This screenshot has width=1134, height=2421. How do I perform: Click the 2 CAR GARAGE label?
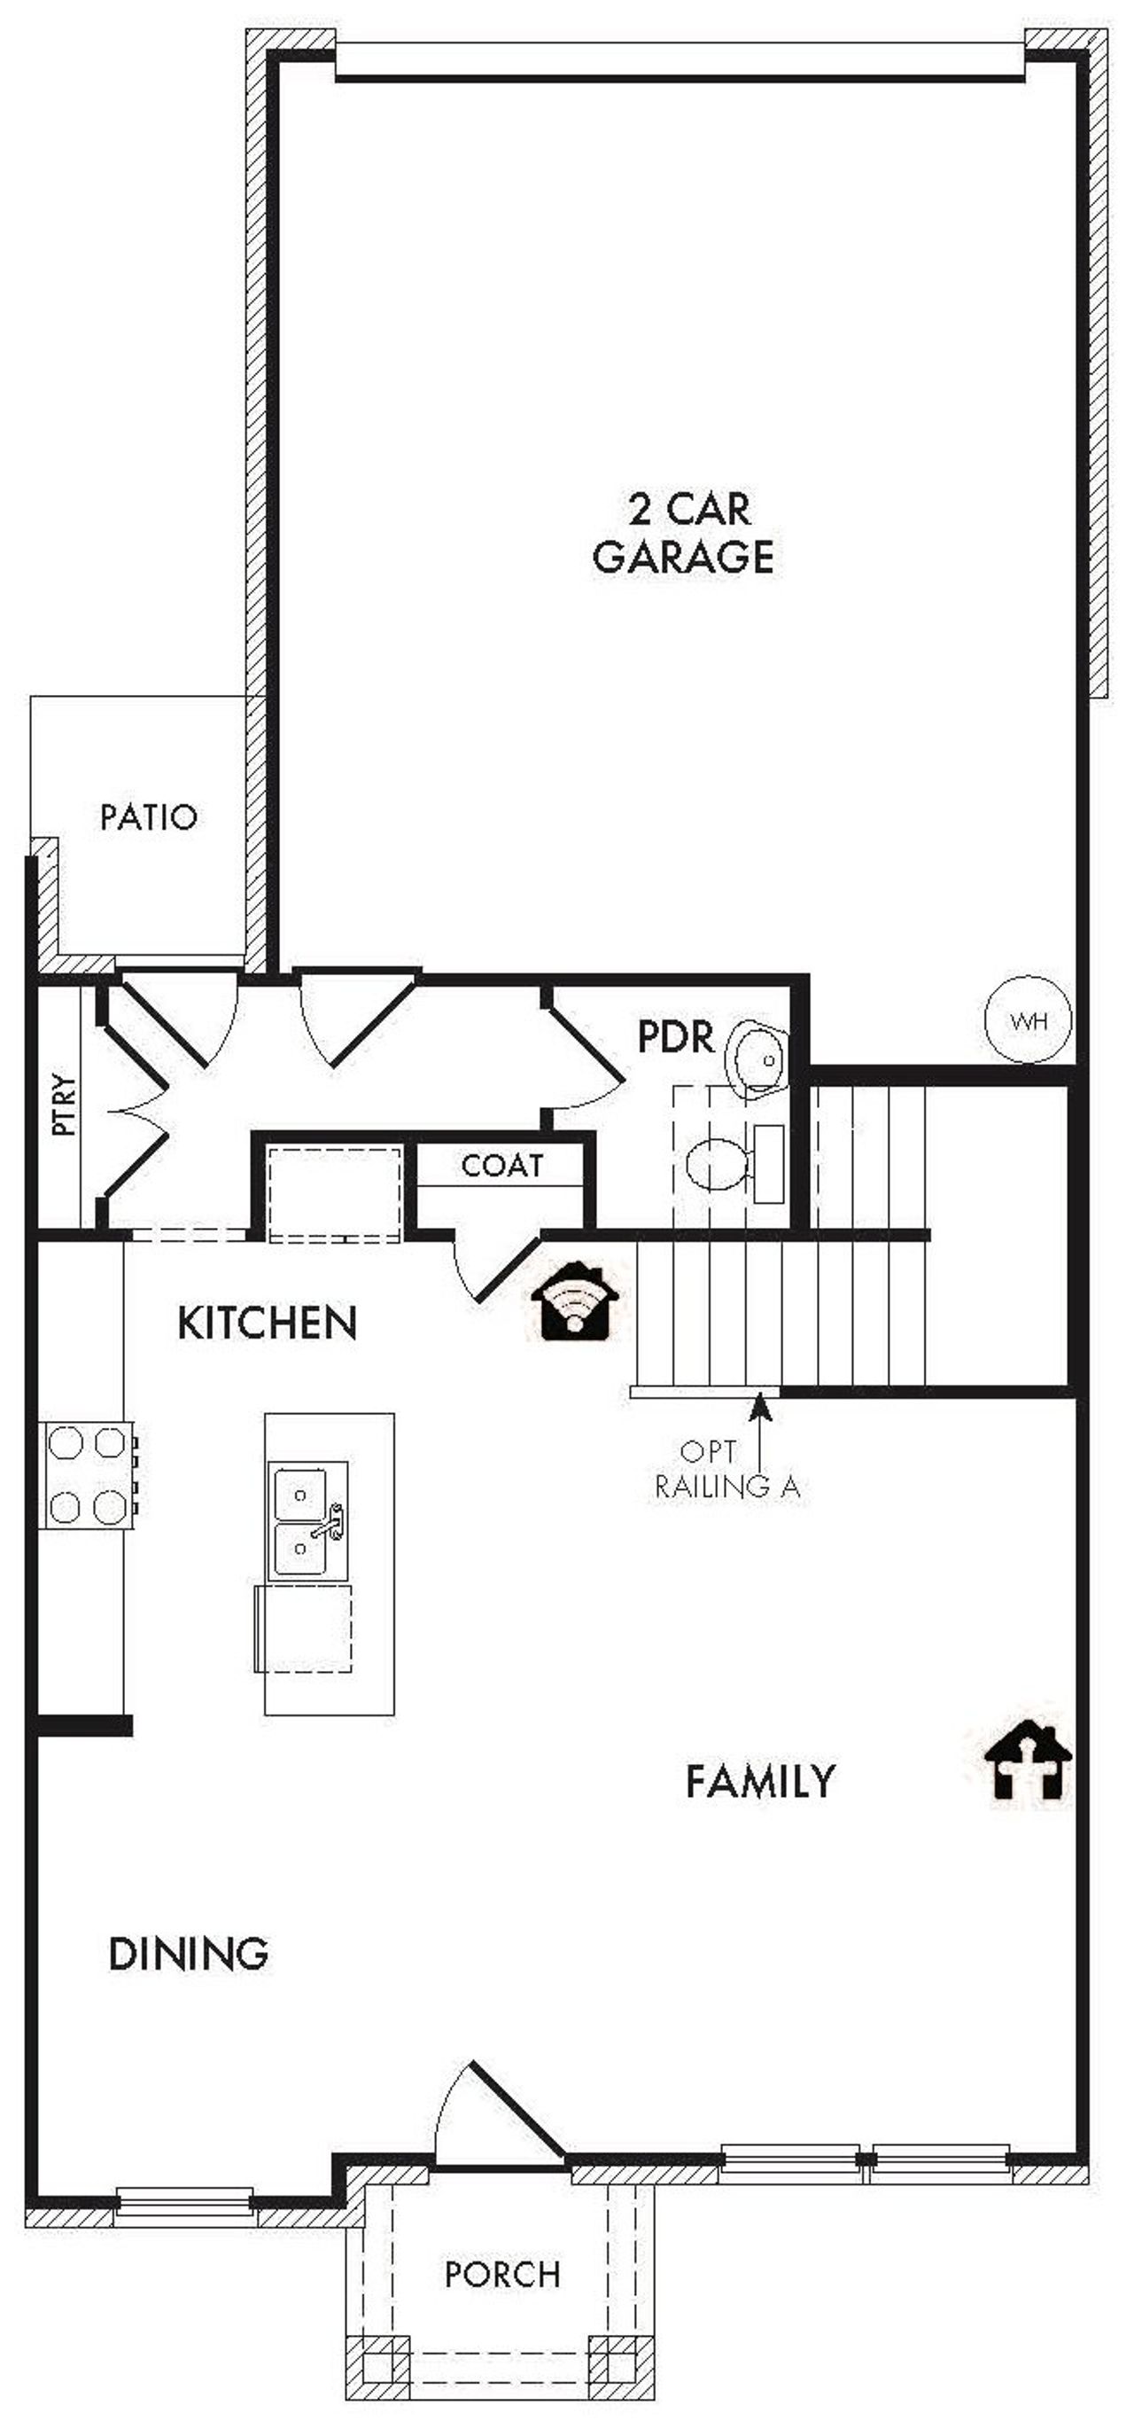click(683, 533)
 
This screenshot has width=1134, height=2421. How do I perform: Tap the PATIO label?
click(149, 816)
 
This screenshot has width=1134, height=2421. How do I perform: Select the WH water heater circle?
click(1028, 1019)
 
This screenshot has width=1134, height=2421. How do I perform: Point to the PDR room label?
click(675, 1037)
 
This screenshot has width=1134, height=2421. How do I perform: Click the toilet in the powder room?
click(719, 1165)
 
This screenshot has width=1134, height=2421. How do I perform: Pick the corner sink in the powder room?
click(758, 1058)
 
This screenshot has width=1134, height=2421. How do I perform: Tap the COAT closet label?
click(501, 1166)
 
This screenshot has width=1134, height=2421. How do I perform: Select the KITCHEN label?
click(267, 1324)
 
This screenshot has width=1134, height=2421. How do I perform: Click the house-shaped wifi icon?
click(574, 1302)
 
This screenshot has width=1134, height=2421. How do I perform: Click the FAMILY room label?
click(760, 1782)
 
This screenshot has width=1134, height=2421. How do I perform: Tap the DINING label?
click(189, 1955)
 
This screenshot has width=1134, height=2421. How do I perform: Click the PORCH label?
click(502, 2275)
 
